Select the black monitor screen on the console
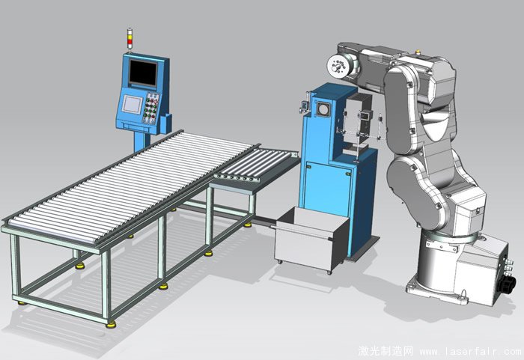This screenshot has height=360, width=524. (x=143, y=73)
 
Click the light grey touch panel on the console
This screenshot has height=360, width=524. (x=132, y=103)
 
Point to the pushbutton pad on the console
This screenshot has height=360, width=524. (x=152, y=107)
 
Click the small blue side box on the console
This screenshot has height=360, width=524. (x=166, y=123)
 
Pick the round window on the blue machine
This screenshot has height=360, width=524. (x=323, y=109)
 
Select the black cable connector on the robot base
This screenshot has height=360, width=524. (x=504, y=284)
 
